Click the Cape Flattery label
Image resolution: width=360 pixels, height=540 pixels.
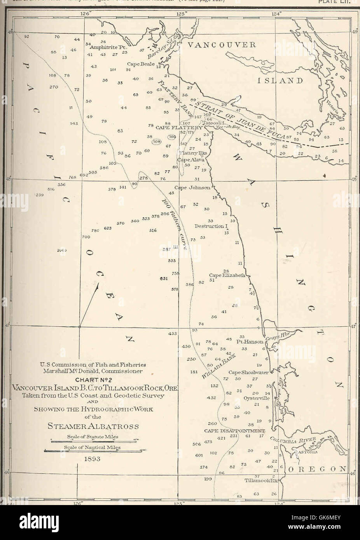[178, 127]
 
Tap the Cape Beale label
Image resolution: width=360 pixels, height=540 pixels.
[141, 64]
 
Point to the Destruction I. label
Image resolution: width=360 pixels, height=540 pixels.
[210, 226]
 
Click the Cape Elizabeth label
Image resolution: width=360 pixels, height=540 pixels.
[227, 275]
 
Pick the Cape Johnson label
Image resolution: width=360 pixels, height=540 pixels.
[192, 187]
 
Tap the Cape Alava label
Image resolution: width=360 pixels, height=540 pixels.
[191, 159]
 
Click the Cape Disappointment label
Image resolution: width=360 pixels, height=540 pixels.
[234, 431]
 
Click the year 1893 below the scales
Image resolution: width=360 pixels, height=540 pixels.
[93, 458]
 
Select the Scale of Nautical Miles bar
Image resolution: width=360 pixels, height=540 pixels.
[93, 451]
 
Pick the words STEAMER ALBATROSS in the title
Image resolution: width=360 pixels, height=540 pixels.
[93, 426]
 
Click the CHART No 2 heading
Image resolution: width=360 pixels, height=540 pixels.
[93, 380]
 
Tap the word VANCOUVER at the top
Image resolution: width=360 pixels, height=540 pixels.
[220, 45]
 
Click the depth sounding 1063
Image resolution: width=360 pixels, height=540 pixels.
[62, 250]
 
